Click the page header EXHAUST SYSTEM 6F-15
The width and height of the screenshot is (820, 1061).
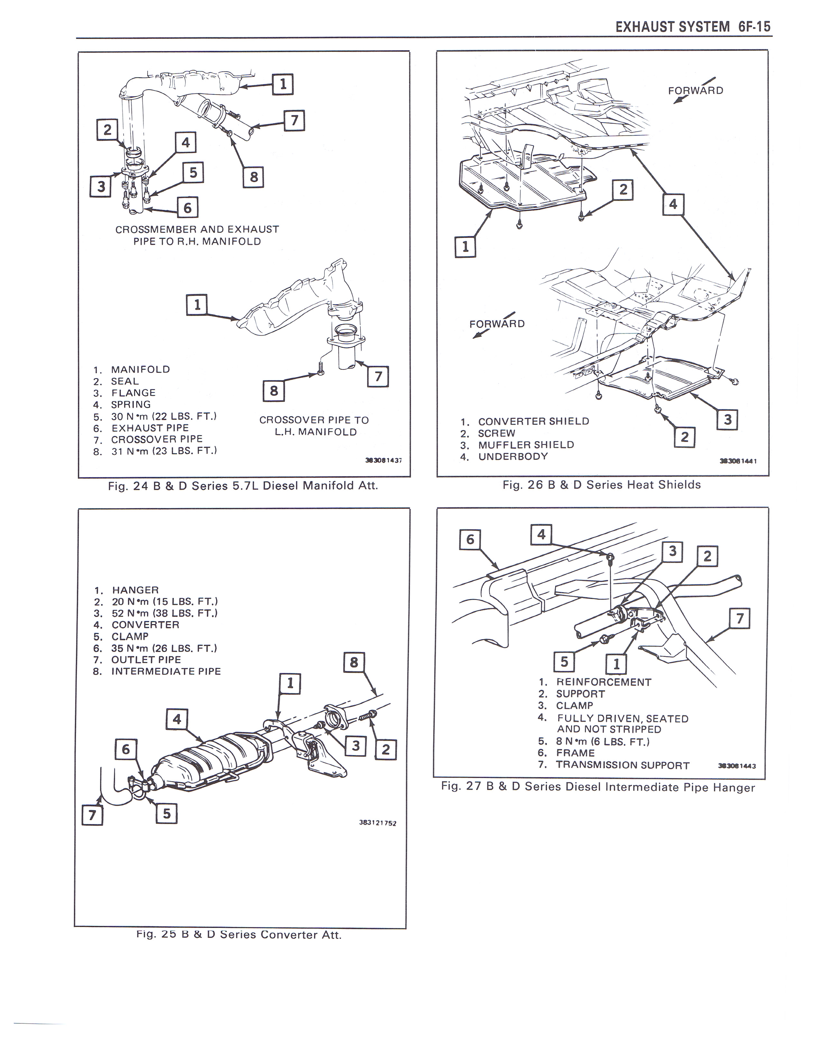point(693,26)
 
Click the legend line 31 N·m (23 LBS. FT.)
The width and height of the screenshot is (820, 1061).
point(164,451)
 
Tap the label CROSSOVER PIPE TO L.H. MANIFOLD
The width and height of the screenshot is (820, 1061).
point(314,426)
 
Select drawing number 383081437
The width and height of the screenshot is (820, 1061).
point(384,459)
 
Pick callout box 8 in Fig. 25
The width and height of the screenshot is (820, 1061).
point(354,662)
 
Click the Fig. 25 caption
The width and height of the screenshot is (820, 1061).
point(239,935)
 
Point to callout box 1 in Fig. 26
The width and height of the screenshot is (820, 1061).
point(465,247)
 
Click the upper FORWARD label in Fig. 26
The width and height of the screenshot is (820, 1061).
point(696,91)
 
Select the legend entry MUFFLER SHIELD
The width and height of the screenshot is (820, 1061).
point(526,445)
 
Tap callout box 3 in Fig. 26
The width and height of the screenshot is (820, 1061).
point(727,420)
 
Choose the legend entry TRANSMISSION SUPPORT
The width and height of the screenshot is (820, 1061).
point(623,765)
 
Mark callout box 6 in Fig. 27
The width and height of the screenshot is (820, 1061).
point(470,539)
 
